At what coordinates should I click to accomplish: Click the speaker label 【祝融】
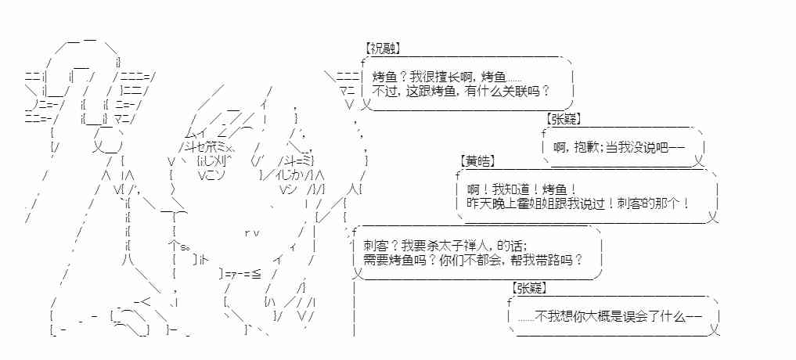[x=382, y=49]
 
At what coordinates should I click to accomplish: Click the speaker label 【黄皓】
[x=477, y=161]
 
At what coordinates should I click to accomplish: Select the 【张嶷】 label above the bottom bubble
[x=530, y=288]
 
